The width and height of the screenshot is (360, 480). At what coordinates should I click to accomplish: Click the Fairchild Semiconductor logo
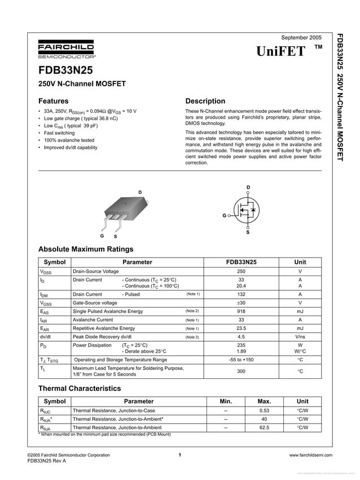[66, 49]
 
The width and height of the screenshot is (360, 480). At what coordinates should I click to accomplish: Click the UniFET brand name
[281, 51]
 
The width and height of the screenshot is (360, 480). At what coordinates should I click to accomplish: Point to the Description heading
[205, 101]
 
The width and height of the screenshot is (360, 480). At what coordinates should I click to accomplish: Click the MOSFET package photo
[125, 212]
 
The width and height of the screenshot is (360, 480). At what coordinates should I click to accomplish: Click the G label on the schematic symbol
[224, 216]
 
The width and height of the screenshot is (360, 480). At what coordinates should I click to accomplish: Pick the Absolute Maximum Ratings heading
[85, 249]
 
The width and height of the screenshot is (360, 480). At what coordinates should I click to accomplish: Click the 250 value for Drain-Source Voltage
[241, 272]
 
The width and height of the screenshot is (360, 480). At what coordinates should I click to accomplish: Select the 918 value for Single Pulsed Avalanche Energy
[241, 311]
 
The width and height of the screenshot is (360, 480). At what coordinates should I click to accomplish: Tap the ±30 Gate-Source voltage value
[241, 303]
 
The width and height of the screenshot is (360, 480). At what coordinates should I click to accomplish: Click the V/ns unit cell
[300, 337]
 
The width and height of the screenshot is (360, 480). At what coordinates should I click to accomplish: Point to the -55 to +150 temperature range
[241, 360]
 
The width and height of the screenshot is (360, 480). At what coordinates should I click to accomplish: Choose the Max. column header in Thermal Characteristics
[264, 402]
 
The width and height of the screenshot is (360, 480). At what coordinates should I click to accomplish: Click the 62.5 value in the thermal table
[264, 428]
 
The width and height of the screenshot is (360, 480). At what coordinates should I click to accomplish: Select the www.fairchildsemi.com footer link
[310, 455]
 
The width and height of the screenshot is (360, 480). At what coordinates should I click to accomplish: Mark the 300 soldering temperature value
[241, 371]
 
